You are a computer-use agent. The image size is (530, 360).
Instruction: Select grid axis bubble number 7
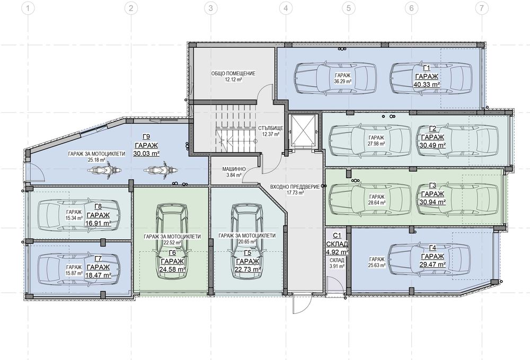(x=482, y=8)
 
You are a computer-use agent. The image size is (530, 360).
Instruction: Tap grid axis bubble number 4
(x=286, y=8)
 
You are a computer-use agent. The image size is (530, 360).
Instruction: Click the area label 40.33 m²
(x=427, y=84)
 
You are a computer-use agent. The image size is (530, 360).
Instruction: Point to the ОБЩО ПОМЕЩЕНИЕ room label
(x=233, y=73)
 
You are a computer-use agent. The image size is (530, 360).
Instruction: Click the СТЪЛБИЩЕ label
(x=270, y=128)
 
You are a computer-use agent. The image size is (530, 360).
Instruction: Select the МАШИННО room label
(x=234, y=169)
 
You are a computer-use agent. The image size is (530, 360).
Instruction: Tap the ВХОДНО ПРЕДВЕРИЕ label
(x=295, y=187)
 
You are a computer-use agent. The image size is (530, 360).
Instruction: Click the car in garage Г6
(x=172, y=242)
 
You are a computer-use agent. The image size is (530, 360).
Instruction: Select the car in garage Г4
(x=429, y=259)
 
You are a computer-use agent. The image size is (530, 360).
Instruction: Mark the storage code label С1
(x=337, y=235)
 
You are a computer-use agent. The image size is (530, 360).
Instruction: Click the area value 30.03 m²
(x=146, y=153)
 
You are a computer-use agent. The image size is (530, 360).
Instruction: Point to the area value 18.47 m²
(x=99, y=275)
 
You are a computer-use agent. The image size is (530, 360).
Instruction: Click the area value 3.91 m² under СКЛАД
(x=337, y=266)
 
